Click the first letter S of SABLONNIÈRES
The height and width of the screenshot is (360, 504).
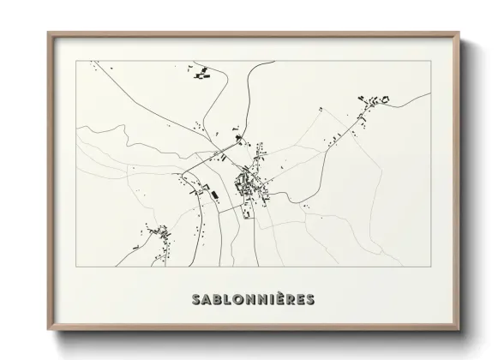click(x=189, y=299)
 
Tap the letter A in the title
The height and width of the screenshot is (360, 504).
click(x=201, y=299)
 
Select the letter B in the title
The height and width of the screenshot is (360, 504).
click(x=212, y=299)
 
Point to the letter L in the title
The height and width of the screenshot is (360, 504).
click(x=222, y=299)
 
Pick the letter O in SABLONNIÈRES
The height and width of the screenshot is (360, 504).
click(x=233, y=299)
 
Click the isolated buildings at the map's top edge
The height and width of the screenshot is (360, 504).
click(x=202, y=72)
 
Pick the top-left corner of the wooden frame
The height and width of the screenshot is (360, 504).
click(x=48, y=33)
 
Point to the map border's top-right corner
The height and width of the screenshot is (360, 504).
click(x=428, y=61)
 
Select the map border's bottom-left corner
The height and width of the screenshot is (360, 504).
click(x=76, y=267)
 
